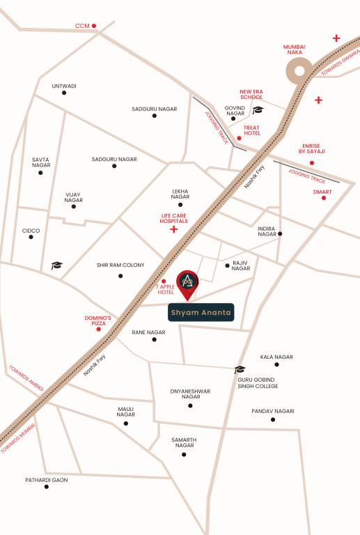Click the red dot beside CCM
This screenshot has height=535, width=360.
[94, 26]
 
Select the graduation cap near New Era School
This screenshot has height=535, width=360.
[258, 110]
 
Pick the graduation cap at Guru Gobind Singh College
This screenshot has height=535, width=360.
[240, 370]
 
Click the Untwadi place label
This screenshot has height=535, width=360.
[64, 86]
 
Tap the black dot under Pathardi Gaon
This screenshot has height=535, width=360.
[47, 487]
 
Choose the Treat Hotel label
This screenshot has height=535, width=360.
[252, 130]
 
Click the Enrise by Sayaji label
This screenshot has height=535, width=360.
[313, 148]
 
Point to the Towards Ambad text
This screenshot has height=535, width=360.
[26, 378]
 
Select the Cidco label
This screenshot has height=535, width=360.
[31, 231]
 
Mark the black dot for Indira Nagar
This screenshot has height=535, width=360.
[281, 234]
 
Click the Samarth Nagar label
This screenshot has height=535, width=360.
[185, 442]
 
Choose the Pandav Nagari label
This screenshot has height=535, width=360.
[273, 411]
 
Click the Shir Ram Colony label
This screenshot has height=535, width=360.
[120, 265]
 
